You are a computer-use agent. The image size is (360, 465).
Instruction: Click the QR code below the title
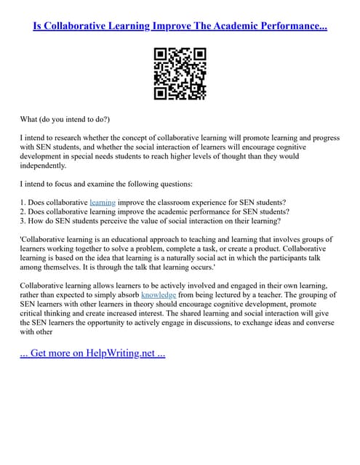(180, 73)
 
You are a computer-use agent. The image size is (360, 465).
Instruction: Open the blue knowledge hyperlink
(159, 296)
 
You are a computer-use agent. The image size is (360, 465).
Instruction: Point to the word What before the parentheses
(31, 118)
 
